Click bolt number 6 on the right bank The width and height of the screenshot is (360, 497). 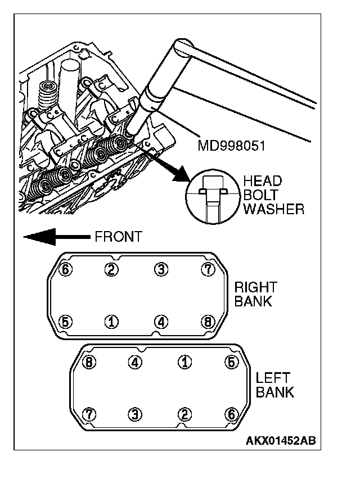66,270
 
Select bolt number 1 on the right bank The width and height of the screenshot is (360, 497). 112,322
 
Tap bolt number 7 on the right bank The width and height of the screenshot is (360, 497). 208,270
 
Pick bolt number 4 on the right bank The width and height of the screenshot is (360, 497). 161,322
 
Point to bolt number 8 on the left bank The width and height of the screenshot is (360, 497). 88,362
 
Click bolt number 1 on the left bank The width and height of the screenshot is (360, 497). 183,362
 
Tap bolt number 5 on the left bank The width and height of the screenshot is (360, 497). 231,362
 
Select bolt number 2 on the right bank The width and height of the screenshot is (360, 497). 112,270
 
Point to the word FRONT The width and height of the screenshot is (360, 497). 118,237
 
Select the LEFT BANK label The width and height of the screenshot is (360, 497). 274,385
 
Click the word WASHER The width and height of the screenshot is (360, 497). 274,209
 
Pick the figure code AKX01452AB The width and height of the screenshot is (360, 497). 280,440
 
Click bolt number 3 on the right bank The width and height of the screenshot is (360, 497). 161,270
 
